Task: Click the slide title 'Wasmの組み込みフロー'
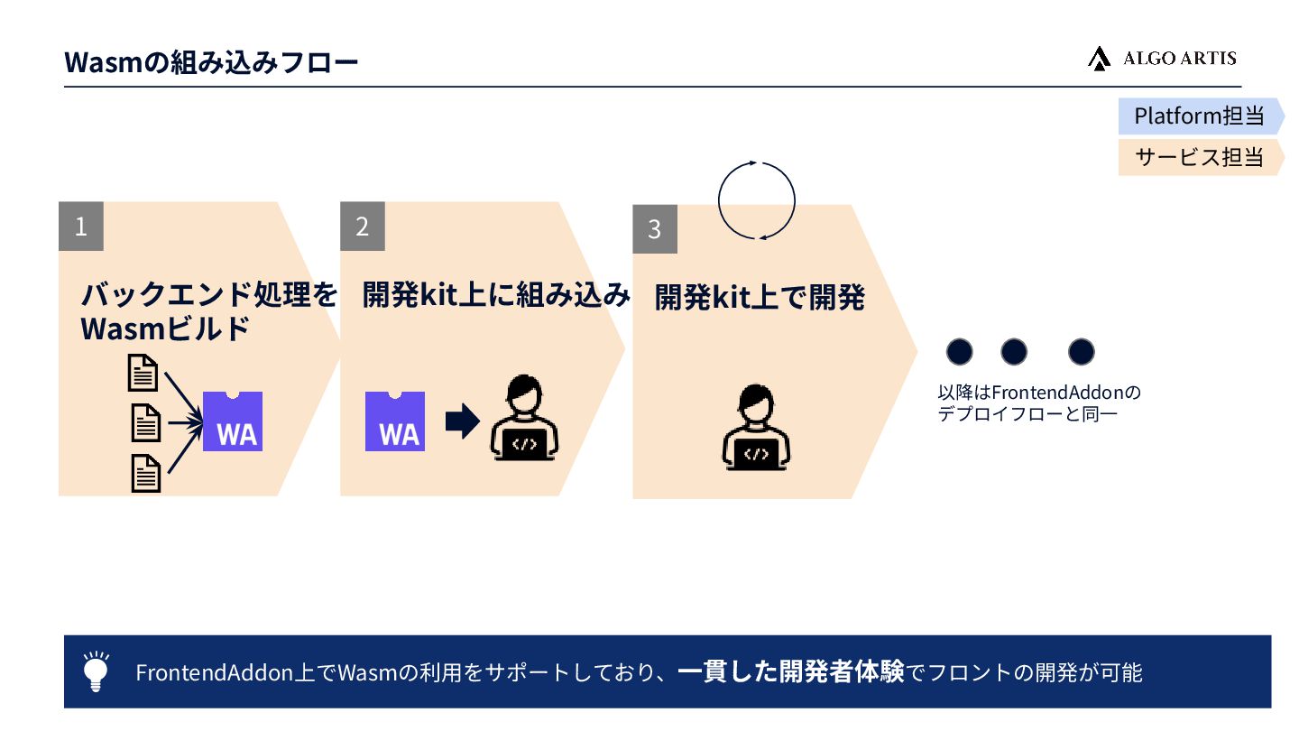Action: pyautogui.click(x=211, y=62)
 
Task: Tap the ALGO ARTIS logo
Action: pyautogui.click(x=1162, y=59)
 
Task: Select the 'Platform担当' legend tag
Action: pyautogui.click(x=1198, y=116)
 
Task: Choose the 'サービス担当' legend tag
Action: pyautogui.click(x=1198, y=157)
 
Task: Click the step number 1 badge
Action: pyautogui.click(x=81, y=226)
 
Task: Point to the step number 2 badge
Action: pyautogui.click(x=363, y=226)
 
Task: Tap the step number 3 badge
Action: pyautogui.click(x=655, y=229)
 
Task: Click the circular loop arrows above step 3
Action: pyautogui.click(x=757, y=200)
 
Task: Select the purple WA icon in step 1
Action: pyautogui.click(x=233, y=421)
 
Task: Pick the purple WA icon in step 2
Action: pyautogui.click(x=395, y=421)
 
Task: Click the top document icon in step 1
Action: pyautogui.click(x=144, y=372)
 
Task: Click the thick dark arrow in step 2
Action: pyautogui.click(x=462, y=421)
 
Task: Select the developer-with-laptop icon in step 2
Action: pyautogui.click(x=524, y=419)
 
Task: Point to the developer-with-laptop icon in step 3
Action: pyautogui.click(x=757, y=428)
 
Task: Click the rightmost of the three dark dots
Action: pyautogui.click(x=1081, y=352)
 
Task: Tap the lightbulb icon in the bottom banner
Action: pyautogui.click(x=96, y=671)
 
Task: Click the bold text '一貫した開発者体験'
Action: pyautogui.click(x=790, y=672)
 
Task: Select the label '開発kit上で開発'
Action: pyautogui.click(x=760, y=298)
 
